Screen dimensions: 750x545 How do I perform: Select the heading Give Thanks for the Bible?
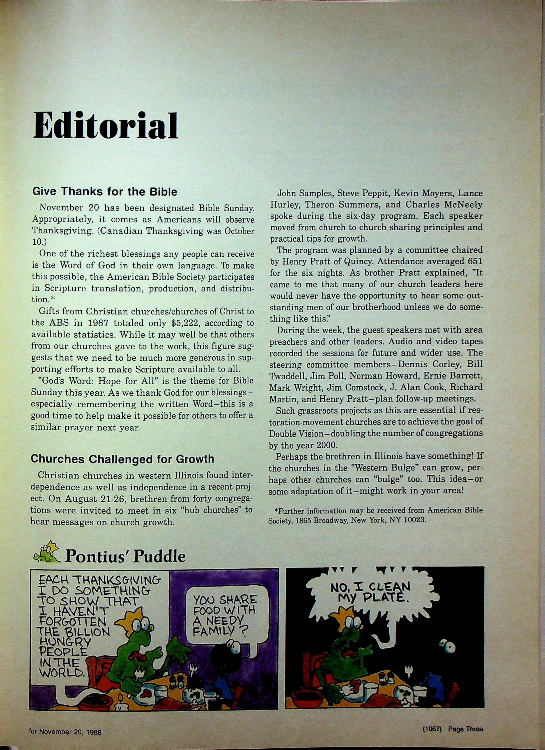(x=105, y=192)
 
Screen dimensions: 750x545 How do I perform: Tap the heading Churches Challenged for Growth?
(x=122, y=459)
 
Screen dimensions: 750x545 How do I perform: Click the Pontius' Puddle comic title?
(x=125, y=556)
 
